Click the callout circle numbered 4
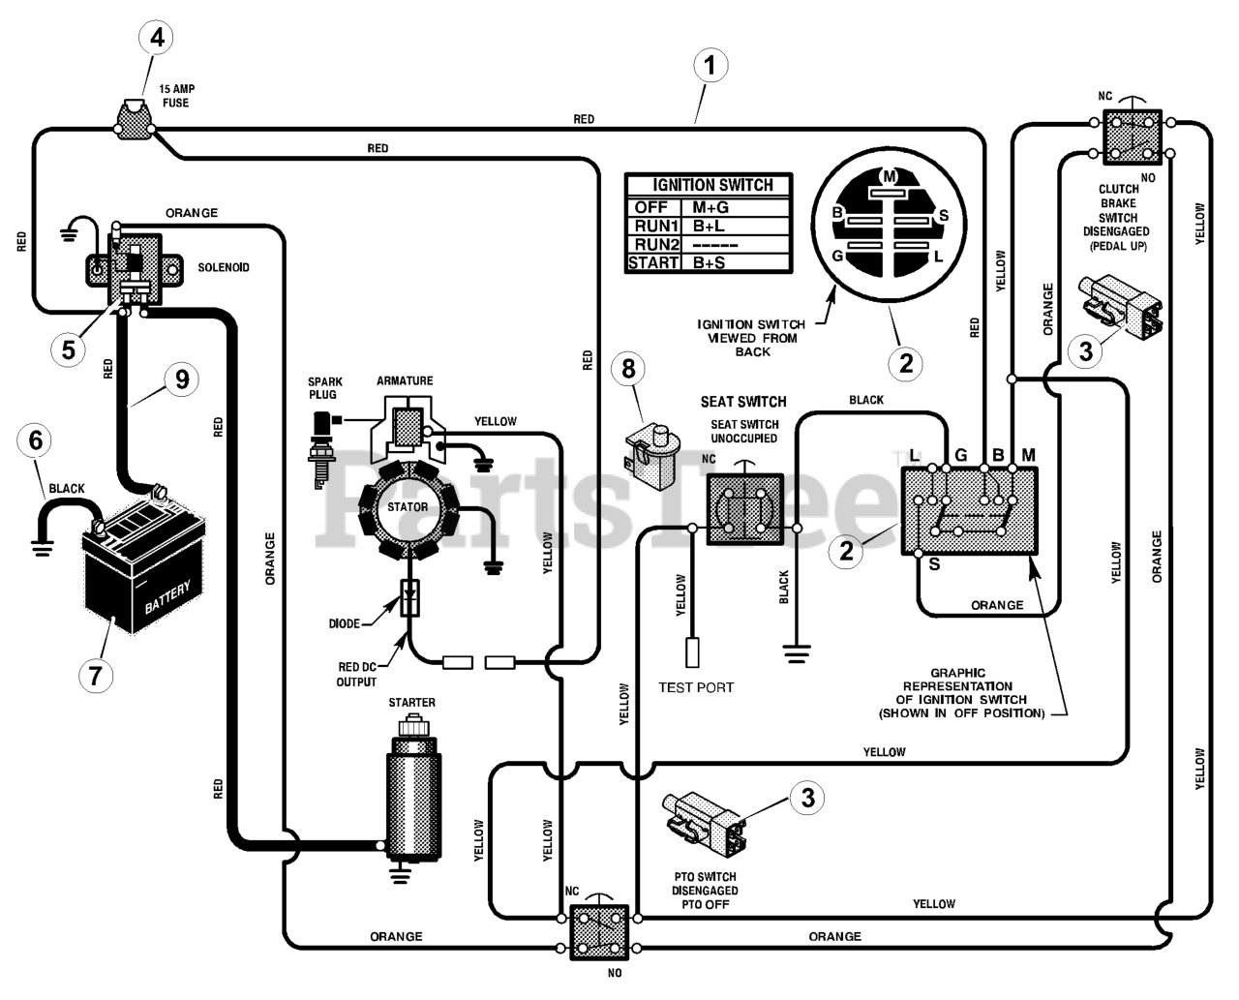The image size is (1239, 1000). click(157, 38)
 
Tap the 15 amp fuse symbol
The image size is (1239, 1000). click(134, 120)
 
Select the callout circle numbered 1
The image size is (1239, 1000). click(710, 66)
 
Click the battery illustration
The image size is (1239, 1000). click(143, 571)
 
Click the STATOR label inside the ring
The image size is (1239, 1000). click(408, 507)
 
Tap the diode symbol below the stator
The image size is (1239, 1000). click(410, 598)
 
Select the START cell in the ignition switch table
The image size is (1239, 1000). click(652, 263)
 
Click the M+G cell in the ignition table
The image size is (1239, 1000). click(710, 208)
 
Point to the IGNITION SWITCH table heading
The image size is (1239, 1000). click(712, 185)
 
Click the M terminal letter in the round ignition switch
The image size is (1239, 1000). click(890, 176)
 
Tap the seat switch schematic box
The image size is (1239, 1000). click(744, 509)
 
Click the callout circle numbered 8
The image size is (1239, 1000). click(628, 369)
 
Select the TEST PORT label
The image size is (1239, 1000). click(696, 687)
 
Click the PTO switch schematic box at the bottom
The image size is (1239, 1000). click(598, 932)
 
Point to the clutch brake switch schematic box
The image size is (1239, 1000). click(1132, 137)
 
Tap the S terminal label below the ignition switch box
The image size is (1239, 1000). click(934, 563)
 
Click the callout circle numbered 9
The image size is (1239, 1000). click(182, 379)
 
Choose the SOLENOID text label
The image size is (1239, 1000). click(224, 267)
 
